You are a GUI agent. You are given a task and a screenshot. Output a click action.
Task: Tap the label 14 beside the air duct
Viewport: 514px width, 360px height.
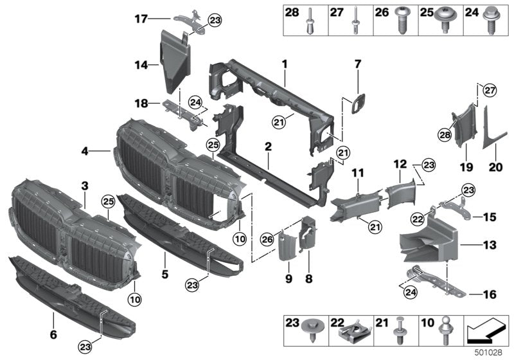[x=140, y=64]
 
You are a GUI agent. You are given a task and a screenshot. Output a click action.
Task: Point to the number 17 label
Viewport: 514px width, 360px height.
[x=140, y=19]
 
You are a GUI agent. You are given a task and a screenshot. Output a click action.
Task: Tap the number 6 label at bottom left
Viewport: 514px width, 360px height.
[x=53, y=335]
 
